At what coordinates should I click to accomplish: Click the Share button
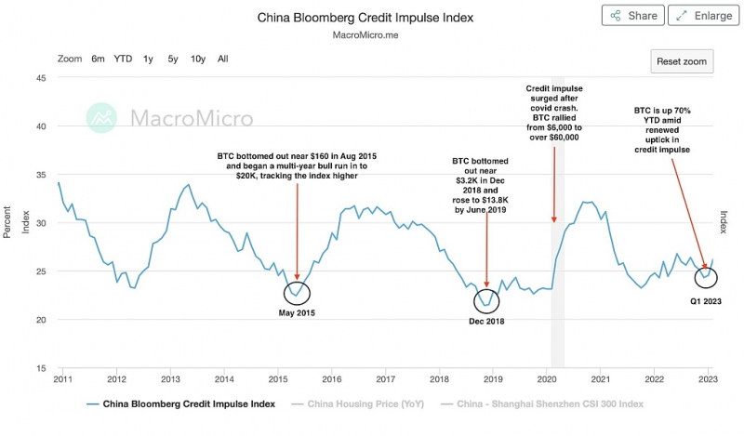633,16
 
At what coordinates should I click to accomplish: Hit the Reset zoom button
682,61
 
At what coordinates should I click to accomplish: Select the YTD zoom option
123,59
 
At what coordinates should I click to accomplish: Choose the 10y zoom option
198,59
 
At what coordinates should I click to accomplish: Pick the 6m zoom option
98,59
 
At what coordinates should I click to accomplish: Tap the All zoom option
223,59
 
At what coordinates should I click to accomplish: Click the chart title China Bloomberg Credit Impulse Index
365,18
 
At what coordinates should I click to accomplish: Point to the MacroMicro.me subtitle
365,35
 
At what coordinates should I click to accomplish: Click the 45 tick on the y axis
41,78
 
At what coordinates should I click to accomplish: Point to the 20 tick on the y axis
41,320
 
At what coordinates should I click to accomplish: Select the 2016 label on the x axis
332,379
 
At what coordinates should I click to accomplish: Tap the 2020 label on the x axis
547,379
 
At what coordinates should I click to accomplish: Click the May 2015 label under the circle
297,313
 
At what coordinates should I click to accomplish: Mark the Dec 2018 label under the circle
486,321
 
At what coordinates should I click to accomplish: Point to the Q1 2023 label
706,301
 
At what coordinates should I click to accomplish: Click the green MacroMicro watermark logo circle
101,118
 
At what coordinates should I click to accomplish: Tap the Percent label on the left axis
7,222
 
